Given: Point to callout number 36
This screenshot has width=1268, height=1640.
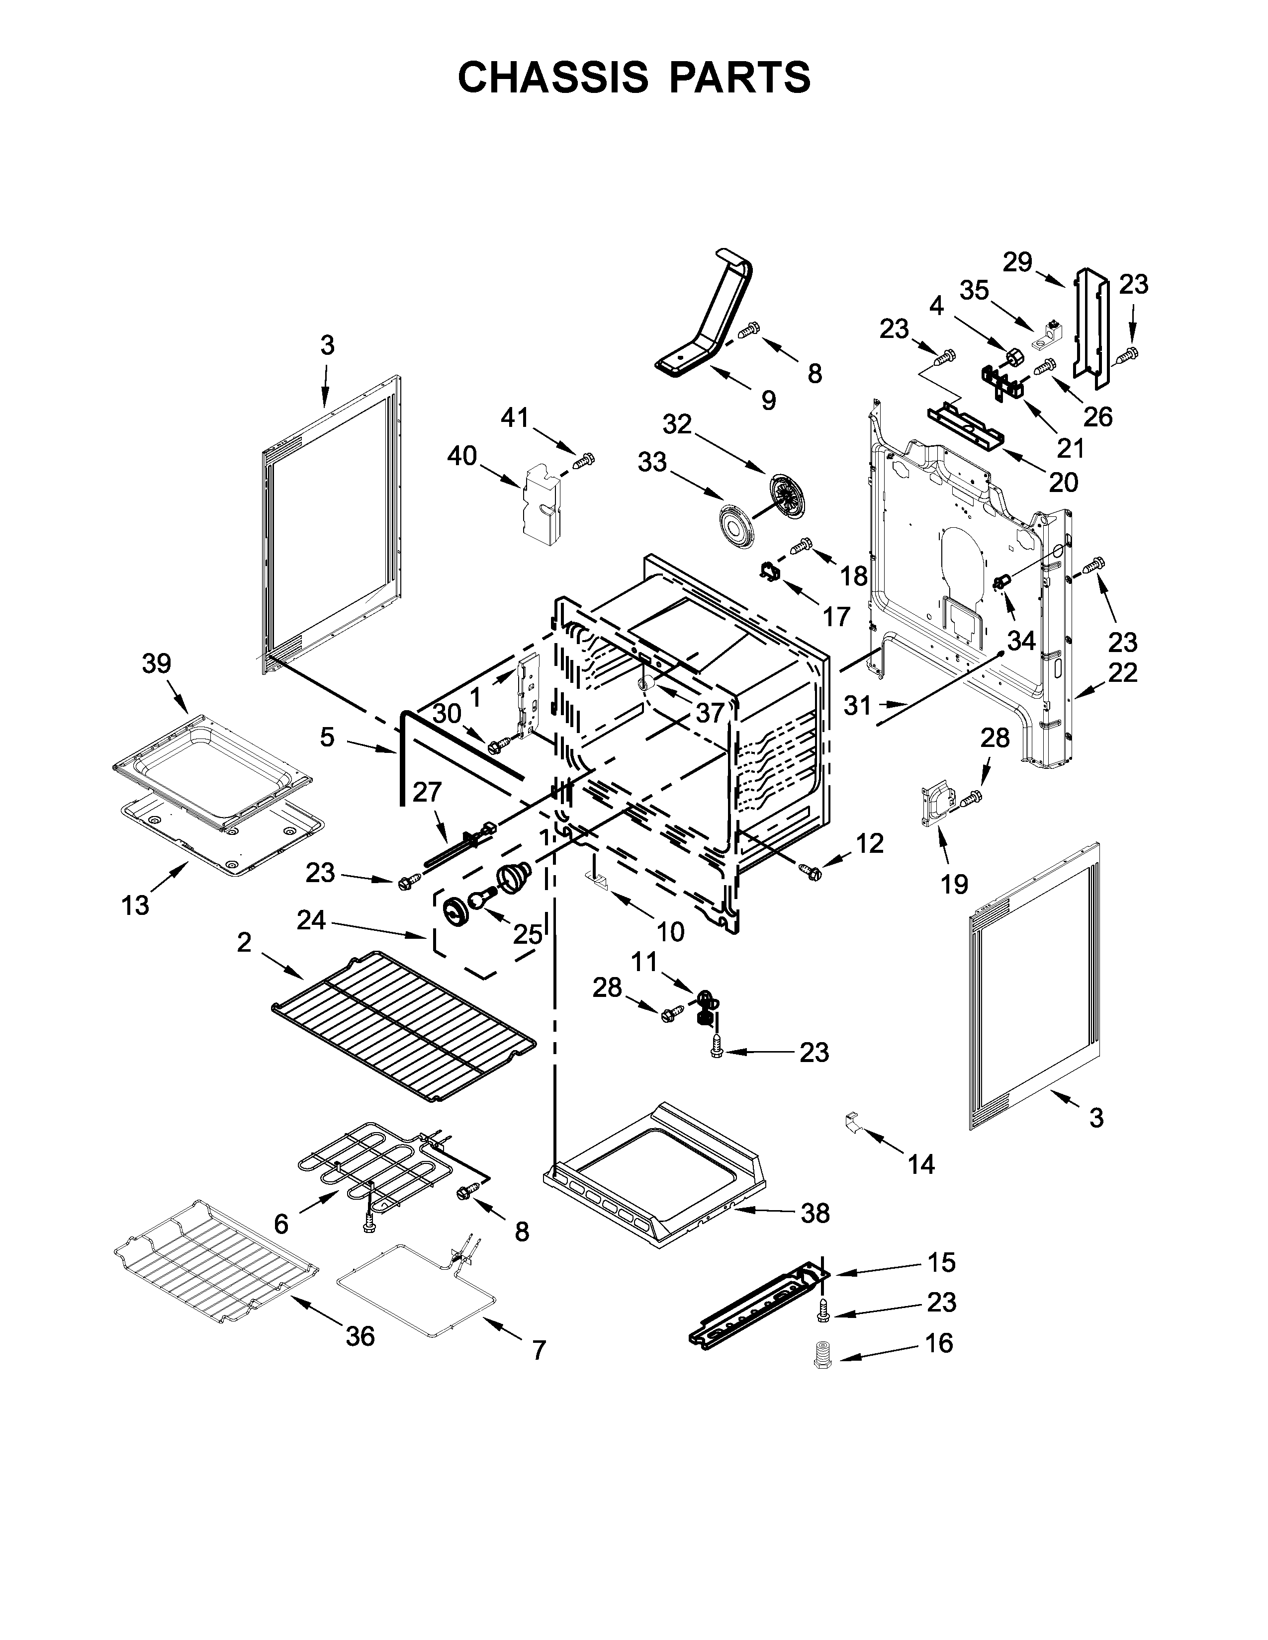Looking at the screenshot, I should coord(360,1336).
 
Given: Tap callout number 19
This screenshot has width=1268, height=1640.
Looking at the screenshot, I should coord(954,885).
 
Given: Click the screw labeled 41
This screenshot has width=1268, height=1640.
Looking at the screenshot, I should coord(584,460).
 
